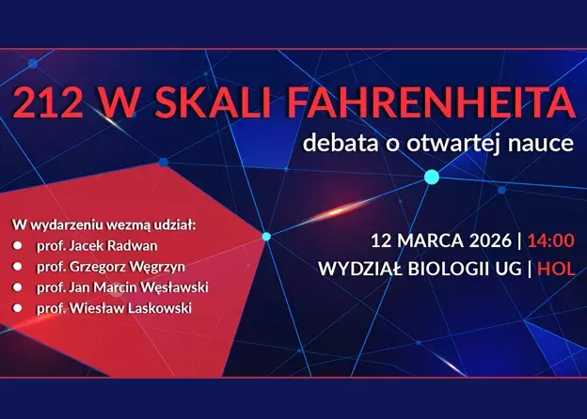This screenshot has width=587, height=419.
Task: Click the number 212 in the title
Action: (x=48, y=102)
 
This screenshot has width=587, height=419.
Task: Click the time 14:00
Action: (x=550, y=241)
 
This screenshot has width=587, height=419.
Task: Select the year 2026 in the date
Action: (x=490, y=241)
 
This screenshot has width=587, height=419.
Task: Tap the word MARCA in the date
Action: (x=431, y=241)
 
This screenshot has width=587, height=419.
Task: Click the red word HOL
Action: (x=556, y=269)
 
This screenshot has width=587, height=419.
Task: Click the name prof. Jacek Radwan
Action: (x=97, y=246)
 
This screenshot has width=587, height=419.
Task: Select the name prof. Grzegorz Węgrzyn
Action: (x=111, y=267)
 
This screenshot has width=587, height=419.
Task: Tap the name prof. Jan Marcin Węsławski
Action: (x=122, y=287)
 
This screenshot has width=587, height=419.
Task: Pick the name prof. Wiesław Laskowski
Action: (x=114, y=308)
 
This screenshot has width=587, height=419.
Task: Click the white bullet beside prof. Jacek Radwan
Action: (x=17, y=246)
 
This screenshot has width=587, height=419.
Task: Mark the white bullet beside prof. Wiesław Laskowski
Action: (x=17, y=308)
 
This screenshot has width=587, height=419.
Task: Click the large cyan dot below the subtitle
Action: (x=432, y=177)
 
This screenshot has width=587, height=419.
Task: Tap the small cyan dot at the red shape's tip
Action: (x=266, y=236)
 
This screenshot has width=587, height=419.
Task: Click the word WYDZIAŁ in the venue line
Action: (x=360, y=269)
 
